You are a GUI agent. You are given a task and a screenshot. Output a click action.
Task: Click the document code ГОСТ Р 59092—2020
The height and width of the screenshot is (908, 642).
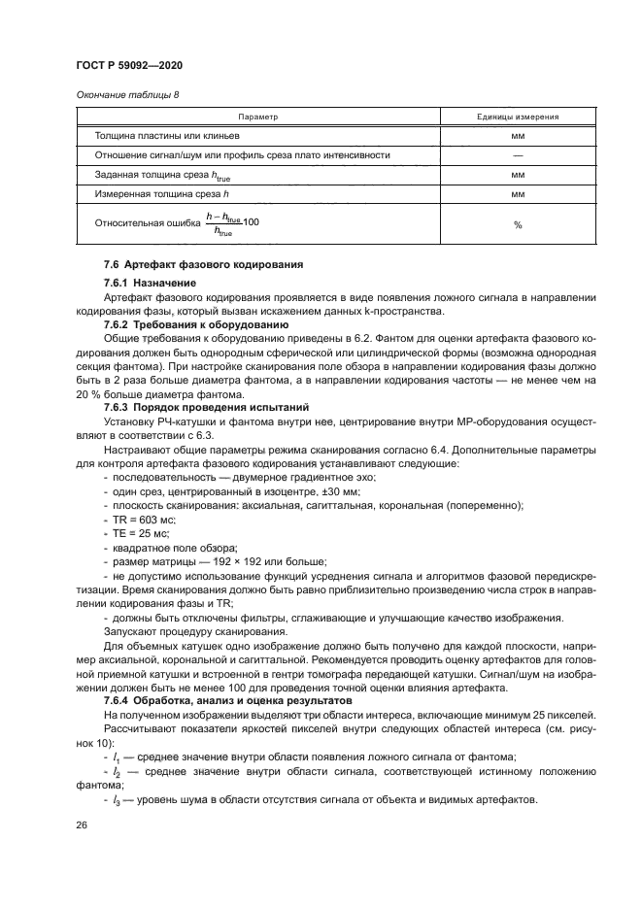click(129, 64)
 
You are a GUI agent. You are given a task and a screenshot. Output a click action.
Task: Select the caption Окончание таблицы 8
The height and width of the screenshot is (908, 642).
click(125, 94)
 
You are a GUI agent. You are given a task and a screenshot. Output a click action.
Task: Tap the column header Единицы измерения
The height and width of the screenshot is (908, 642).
click(517, 117)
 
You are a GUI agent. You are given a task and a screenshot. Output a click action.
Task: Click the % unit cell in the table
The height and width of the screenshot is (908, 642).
click(518, 224)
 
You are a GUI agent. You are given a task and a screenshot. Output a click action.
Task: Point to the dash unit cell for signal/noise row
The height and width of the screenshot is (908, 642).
click(518, 155)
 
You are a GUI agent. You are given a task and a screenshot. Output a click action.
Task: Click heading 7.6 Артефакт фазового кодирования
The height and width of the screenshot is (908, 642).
click(190, 264)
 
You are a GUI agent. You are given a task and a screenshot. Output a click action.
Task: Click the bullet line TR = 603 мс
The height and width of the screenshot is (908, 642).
click(145, 521)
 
